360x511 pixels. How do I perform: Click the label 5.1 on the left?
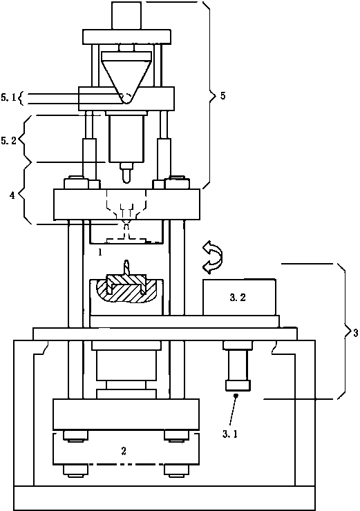tap(8, 97)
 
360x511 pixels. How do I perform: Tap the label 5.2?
tap(8, 141)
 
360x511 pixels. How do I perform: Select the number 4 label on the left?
tap(12, 195)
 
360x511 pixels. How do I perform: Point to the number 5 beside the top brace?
tap(222, 96)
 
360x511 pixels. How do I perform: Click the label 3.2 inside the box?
tap(238, 297)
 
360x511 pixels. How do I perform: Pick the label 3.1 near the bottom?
tap(230, 434)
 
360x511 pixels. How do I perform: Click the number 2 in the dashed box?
tap(124, 451)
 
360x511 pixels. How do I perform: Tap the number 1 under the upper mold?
tap(100, 252)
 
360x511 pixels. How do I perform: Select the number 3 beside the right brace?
tap(355, 333)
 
